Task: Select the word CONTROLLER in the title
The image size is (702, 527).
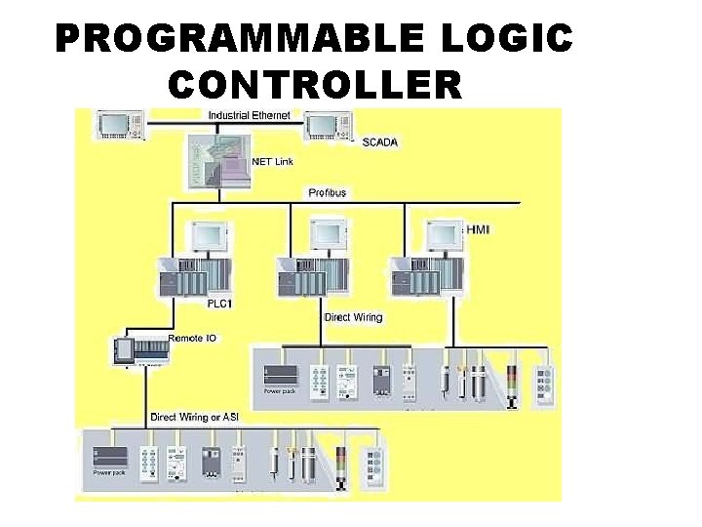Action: click(x=315, y=85)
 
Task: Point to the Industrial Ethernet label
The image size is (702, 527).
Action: click(x=248, y=116)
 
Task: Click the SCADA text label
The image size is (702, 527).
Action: click(x=380, y=142)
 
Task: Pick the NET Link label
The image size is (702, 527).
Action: click(x=273, y=161)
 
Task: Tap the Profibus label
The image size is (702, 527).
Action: click(x=328, y=192)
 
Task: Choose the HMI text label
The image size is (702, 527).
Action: click(x=480, y=229)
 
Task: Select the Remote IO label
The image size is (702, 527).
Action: click(x=193, y=338)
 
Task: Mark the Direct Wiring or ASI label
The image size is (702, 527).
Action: click(x=195, y=417)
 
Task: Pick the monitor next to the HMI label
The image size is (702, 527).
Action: click(x=444, y=234)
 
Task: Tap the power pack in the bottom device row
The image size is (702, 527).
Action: click(x=113, y=460)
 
